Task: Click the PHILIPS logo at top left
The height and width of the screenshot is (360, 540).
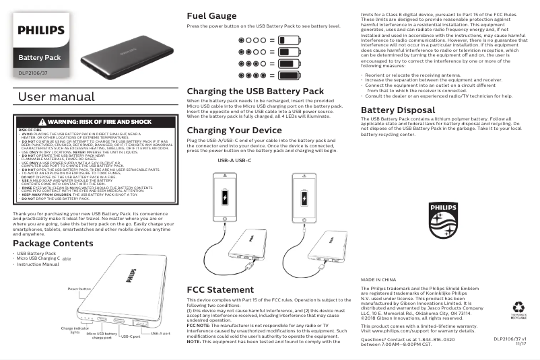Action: pos(41,30)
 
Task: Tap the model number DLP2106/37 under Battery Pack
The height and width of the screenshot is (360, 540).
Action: pos(33,72)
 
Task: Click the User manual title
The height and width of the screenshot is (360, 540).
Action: pos(57,98)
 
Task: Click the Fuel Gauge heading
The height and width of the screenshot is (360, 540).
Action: pos(211,15)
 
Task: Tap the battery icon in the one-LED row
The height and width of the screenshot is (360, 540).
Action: pos(290,40)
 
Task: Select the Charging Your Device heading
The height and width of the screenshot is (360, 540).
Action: pos(234,130)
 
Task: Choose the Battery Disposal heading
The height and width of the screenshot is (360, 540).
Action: pos(398,110)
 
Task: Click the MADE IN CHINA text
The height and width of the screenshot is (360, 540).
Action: pos(378,279)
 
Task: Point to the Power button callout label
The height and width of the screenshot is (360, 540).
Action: pos(79,288)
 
